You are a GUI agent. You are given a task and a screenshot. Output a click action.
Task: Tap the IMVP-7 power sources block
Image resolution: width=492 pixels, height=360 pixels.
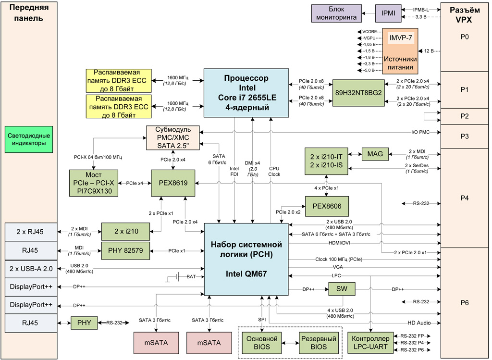(x=400, y=50)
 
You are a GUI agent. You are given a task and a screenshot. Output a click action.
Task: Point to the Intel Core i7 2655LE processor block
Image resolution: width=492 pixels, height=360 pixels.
(x=246, y=93)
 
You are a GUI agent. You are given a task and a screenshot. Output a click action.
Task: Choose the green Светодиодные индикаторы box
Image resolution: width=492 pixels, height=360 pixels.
(x=29, y=139)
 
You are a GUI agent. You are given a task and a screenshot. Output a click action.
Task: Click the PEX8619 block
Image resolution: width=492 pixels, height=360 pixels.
(x=172, y=183)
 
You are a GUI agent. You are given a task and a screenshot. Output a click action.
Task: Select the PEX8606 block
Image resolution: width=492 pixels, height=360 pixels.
(x=327, y=205)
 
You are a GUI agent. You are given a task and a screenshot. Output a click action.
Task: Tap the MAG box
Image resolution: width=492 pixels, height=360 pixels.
(x=375, y=154)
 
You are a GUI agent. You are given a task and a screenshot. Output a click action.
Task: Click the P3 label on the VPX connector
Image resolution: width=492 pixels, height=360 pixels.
(x=464, y=136)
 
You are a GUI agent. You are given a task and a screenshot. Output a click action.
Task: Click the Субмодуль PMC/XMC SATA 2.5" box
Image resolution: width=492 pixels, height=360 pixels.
(x=174, y=137)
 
